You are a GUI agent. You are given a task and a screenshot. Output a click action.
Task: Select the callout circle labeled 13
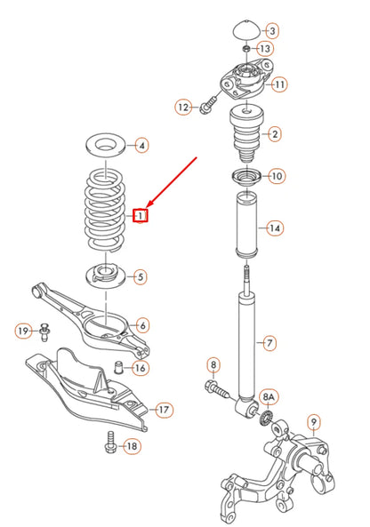(x=266, y=47)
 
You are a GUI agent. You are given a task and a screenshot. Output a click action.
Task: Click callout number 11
(x=279, y=85)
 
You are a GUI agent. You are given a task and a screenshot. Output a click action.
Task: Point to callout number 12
(x=184, y=108)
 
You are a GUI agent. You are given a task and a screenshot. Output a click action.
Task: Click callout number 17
(x=164, y=411)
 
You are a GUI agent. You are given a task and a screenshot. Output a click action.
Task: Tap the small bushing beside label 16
(x=117, y=367)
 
